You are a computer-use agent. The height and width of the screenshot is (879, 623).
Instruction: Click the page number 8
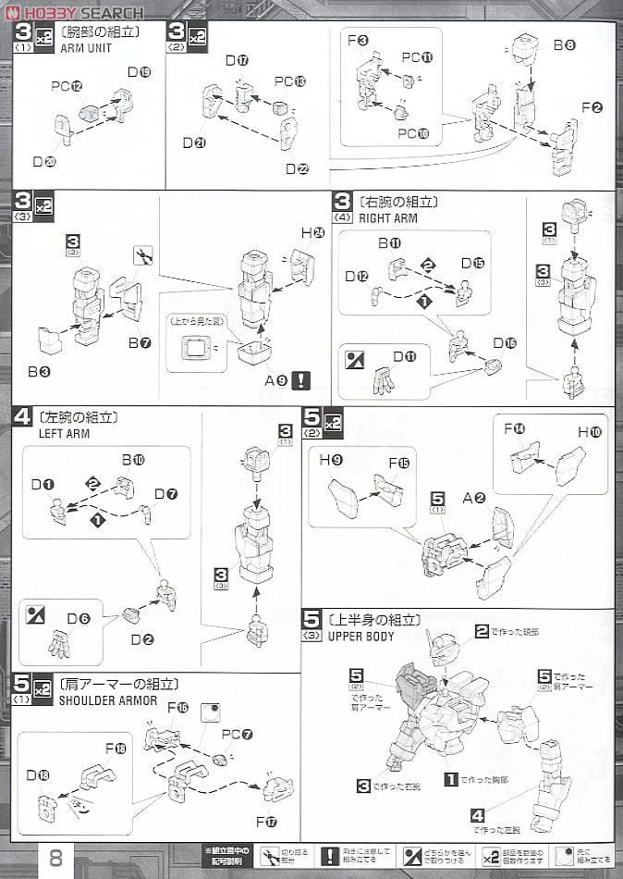pos(55,857)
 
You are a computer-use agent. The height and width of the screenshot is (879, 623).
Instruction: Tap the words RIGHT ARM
pos(385,218)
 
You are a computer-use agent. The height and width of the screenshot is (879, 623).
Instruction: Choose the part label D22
pos(297,168)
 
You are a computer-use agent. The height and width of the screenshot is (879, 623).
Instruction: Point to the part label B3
pos(38,372)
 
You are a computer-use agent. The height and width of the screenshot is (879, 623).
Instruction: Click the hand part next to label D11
pos(382,379)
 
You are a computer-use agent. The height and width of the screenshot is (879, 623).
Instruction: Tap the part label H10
pos(589,432)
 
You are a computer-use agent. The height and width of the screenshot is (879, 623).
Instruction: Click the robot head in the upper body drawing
pos(441,650)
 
